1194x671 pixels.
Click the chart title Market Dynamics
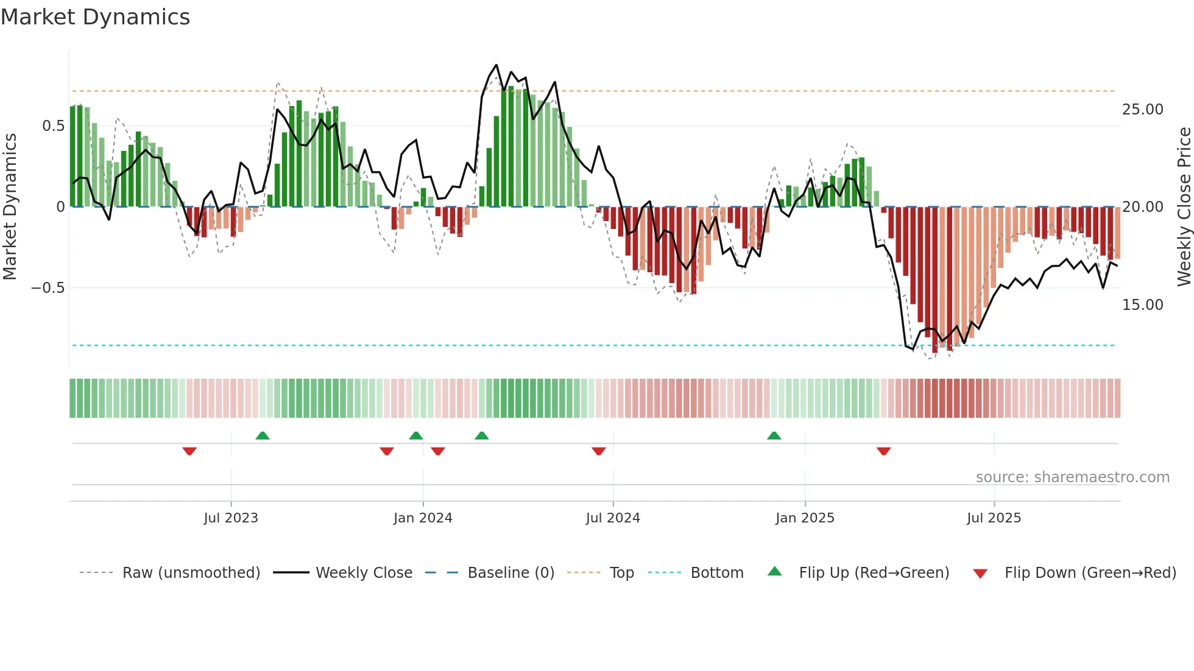[x=95, y=17]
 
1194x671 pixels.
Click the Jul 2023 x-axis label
[x=231, y=518]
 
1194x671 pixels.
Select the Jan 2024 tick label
[x=423, y=518]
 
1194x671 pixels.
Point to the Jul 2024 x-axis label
[x=613, y=518]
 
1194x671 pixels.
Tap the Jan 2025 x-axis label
[x=805, y=518]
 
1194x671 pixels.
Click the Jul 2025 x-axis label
[x=994, y=518]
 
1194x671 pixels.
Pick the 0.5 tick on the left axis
[x=53, y=126]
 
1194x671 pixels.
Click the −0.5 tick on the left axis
[x=48, y=287]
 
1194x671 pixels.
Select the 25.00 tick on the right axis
[x=1143, y=110]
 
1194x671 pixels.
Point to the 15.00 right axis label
[x=1143, y=305]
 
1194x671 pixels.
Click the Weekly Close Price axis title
[x=1184, y=207]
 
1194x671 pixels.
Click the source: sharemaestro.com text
[x=1072, y=477]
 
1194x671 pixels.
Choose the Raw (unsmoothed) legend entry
[x=191, y=573]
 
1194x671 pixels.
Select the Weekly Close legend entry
[x=364, y=573]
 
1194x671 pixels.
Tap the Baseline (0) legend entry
[x=510, y=573]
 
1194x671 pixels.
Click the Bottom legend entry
[x=716, y=573]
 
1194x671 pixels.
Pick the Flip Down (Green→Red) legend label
[x=1090, y=573]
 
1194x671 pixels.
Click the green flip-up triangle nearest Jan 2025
[x=774, y=436]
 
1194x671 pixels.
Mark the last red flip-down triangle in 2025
[x=883, y=451]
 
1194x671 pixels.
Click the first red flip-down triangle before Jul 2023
[x=189, y=451]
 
